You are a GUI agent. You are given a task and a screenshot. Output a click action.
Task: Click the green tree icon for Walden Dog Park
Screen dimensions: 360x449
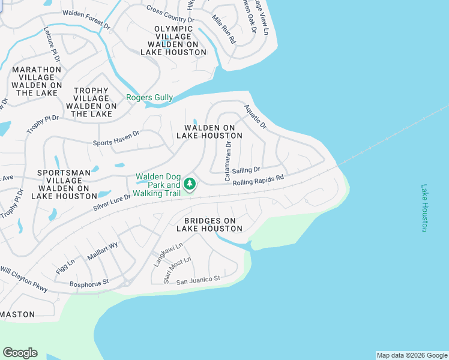tap(190, 184)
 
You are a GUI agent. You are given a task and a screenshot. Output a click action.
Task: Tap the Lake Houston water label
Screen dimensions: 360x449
tap(424, 208)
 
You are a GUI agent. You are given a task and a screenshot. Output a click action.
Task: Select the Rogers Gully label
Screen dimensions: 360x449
tap(149, 98)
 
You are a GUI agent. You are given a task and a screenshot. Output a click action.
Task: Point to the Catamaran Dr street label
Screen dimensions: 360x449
tap(228, 161)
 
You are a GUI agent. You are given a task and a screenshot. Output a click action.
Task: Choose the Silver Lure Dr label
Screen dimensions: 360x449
tap(112, 202)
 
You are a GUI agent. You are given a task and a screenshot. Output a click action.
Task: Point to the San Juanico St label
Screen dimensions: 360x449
tap(199, 279)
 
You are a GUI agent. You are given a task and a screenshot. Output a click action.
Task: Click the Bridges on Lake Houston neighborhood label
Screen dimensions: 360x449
tap(209, 224)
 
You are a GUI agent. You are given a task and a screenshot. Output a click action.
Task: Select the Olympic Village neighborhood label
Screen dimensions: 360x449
tap(173, 40)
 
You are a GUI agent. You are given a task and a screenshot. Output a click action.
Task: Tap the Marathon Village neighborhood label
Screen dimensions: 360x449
tap(37, 81)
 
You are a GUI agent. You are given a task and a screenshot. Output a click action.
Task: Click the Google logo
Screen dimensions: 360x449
tap(20, 353)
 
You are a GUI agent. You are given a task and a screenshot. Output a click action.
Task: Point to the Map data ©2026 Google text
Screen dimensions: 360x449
tap(412, 355)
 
